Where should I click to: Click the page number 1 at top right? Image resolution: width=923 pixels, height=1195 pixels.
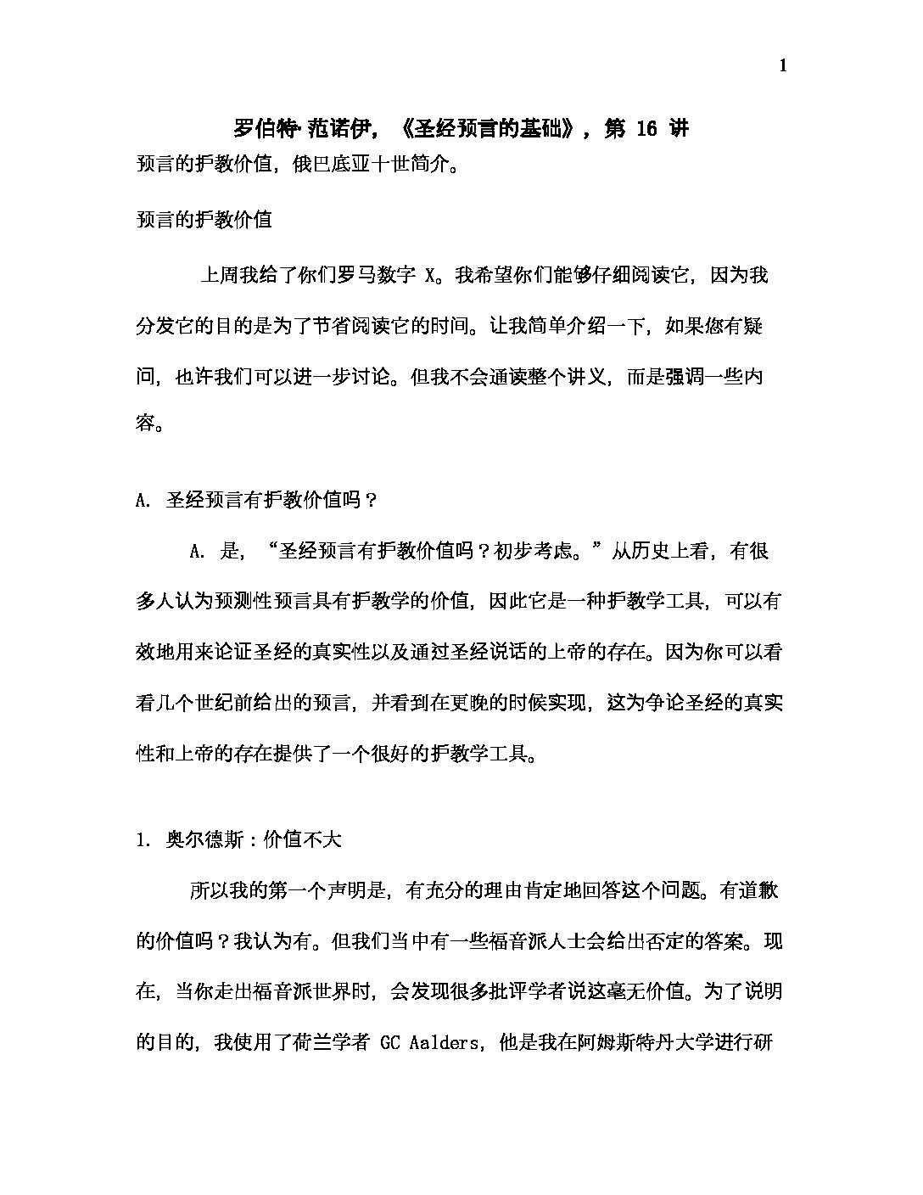[782, 66]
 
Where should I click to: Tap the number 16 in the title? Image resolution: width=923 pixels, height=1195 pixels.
[646, 129]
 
